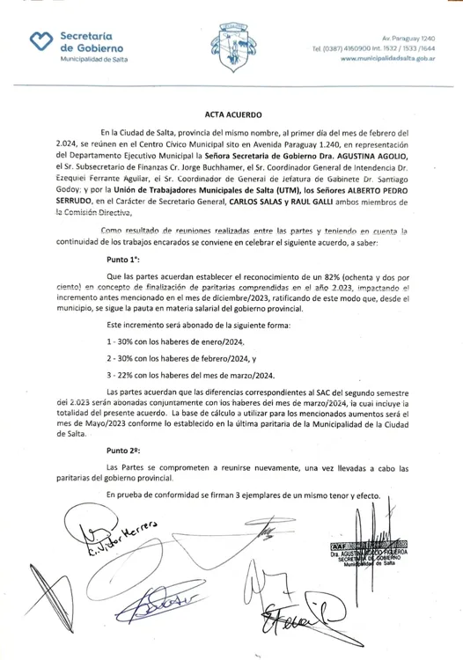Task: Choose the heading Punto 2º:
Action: (x=122, y=449)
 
